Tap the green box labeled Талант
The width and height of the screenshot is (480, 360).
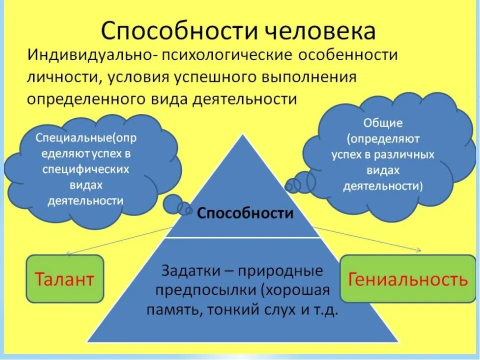click(x=64, y=279)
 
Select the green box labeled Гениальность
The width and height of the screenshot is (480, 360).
click(x=408, y=279)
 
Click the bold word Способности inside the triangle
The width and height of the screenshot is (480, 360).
click(x=245, y=213)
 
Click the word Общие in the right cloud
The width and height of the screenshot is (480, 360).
click(x=383, y=123)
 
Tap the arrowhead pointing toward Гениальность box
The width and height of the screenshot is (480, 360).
click(x=419, y=250)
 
